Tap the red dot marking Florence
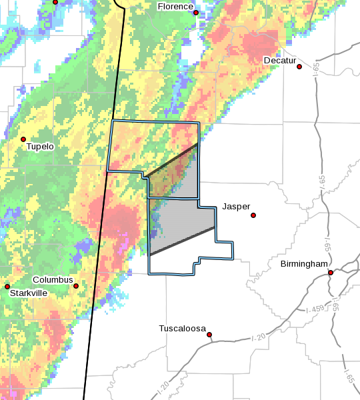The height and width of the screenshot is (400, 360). tap(196, 13)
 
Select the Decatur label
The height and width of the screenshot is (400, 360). tap(279, 61)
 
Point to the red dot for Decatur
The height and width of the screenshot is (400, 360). tap(300, 67)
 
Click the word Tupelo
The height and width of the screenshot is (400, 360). tap(40, 147)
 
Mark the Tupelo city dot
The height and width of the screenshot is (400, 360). tap(23, 139)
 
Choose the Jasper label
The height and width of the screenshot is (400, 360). tap(236, 207)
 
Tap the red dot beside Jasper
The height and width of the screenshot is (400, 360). tap(253, 215)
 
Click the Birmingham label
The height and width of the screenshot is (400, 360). tap(304, 264)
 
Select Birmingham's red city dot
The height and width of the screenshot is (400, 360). tap(331, 272)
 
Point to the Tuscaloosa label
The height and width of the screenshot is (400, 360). tap(183, 328)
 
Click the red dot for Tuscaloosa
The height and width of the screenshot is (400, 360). tap(209, 335)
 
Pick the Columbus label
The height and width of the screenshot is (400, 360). tap(53, 280)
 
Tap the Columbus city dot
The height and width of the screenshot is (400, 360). tap(76, 286)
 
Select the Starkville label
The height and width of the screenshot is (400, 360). tap(27, 293)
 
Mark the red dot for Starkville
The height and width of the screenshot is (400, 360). tap(7, 286)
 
